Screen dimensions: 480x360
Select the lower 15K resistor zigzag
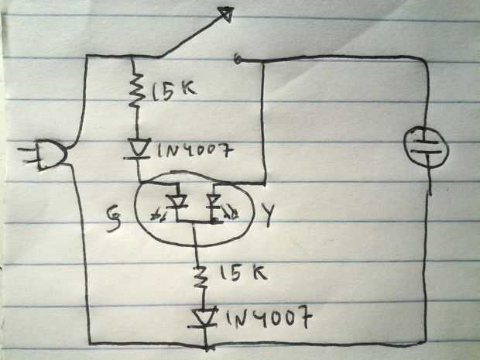(x=199, y=276)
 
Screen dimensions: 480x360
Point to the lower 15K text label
(x=243, y=273)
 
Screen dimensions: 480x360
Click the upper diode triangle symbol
(x=138, y=149)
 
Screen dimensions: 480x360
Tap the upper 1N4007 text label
(x=195, y=150)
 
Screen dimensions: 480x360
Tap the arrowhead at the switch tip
(x=228, y=15)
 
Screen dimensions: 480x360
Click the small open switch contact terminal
(x=237, y=60)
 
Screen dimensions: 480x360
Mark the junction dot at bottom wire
(x=207, y=348)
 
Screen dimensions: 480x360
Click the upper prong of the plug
(x=28, y=149)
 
